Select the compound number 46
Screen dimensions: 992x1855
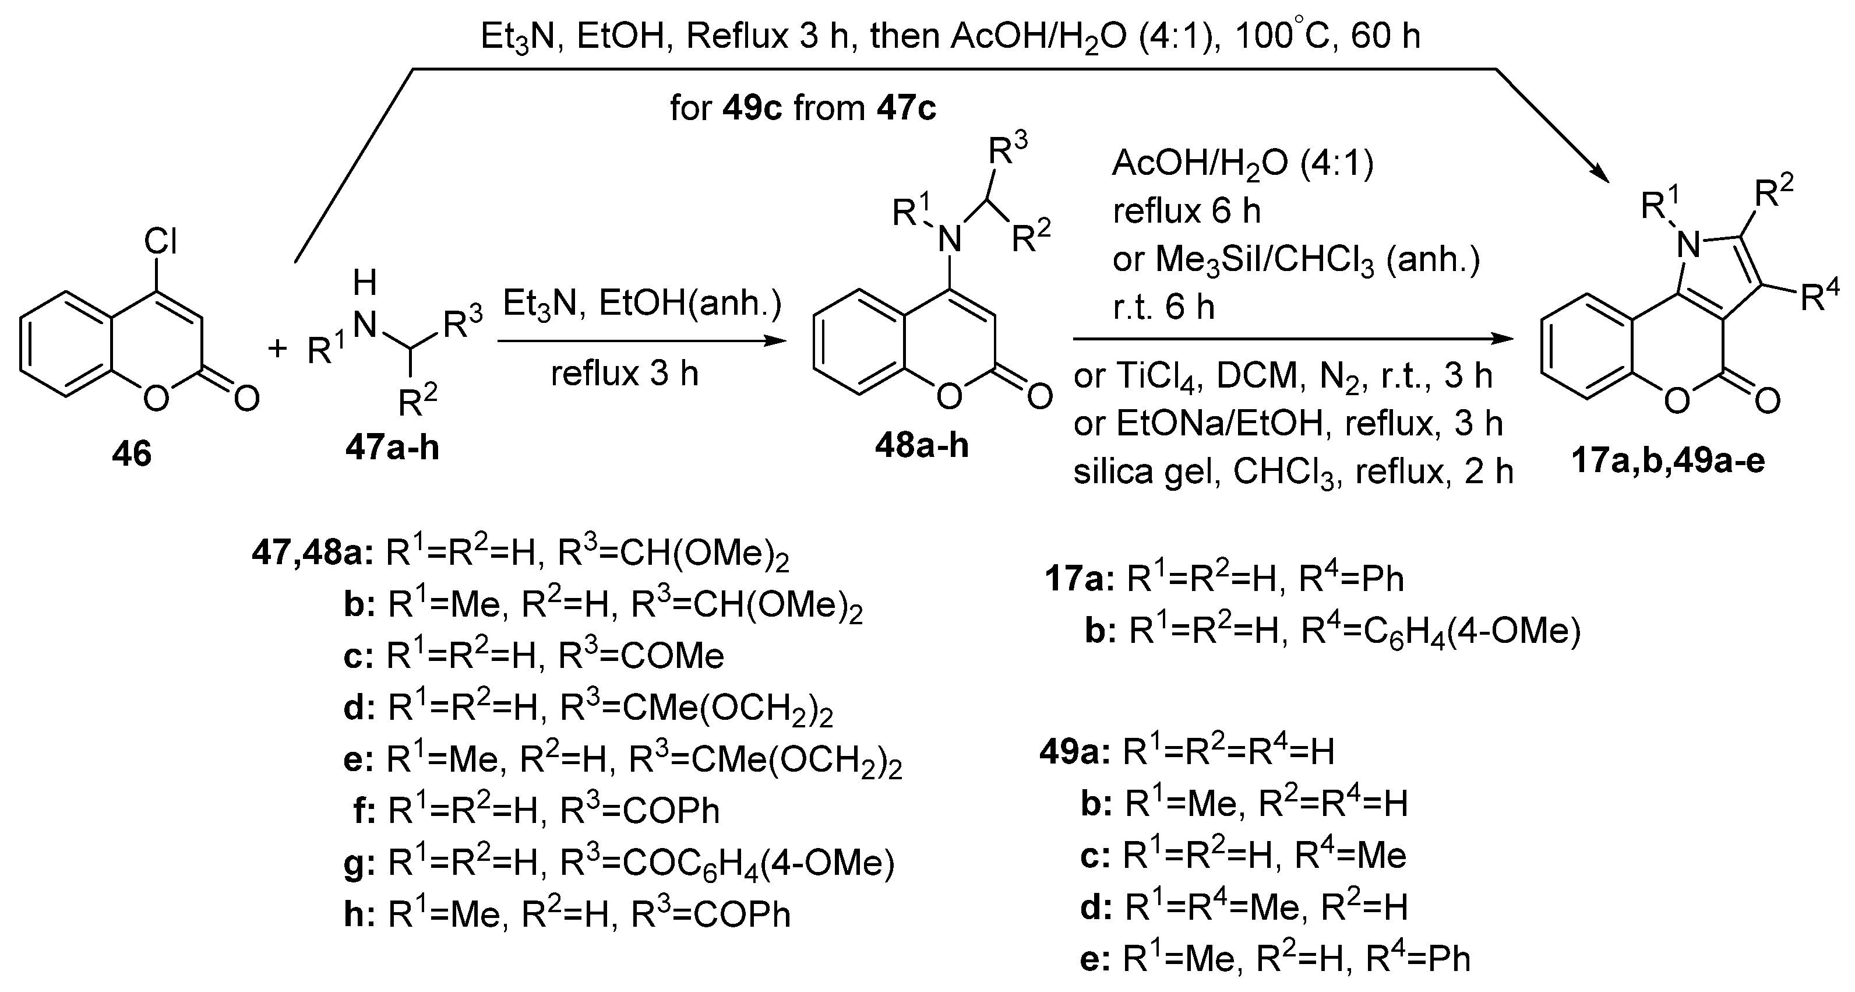click(x=132, y=455)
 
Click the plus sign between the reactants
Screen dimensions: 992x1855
click(x=277, y=349)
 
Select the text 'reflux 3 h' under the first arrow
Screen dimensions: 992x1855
click(x=625, y=374)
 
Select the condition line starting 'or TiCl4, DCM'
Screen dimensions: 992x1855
click(x=1282, y=376)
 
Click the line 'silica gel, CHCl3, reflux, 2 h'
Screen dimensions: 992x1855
click(x=1293, y=472)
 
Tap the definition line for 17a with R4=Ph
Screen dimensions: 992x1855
click(x=1224, y=579)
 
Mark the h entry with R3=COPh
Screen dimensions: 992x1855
click(x=567, y=915)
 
